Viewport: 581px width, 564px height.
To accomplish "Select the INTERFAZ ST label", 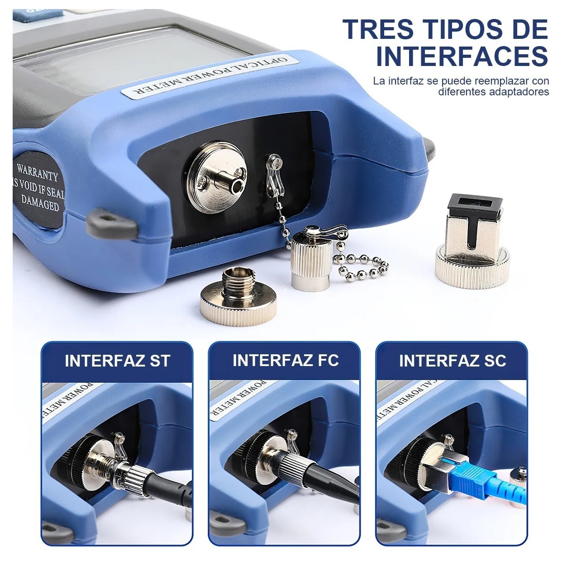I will [117, 361].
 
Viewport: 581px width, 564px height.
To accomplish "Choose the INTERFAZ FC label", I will [285, 360].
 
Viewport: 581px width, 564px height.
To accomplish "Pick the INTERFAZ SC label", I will [452, 361].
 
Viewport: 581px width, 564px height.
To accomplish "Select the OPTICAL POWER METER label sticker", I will [210, 76].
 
